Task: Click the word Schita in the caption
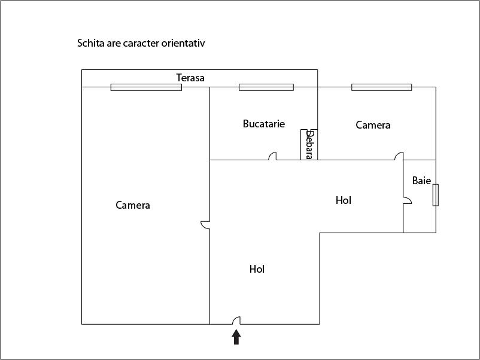pos(90,44)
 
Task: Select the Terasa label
pos(190,78)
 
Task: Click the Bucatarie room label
pos(264,124)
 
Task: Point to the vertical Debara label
pos(309,145)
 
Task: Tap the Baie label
pos(421,181)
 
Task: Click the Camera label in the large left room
pos(133,205)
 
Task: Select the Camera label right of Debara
pos(373,125)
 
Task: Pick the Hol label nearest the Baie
pos(344,200)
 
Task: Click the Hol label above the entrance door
pos(257,269)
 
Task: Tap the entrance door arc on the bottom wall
pos(236,321)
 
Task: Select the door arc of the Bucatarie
pos(272,157)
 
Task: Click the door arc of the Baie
pos(407,201)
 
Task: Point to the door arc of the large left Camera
pos(205,225)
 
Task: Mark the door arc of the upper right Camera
pos(399,157)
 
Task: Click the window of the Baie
pos(436,195)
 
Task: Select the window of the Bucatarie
pos(266,87)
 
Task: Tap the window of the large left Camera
pos(146,87)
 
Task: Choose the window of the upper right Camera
pos(381,87)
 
